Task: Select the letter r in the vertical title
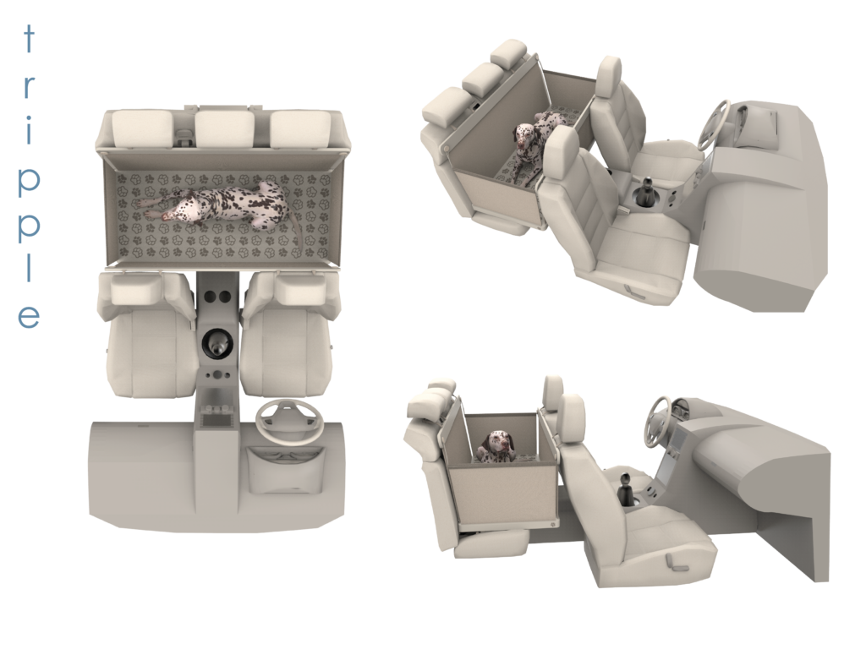point(29,87)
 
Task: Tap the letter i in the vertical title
point(29,130)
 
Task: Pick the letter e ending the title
point(29,317)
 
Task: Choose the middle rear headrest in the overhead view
point(224,128)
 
